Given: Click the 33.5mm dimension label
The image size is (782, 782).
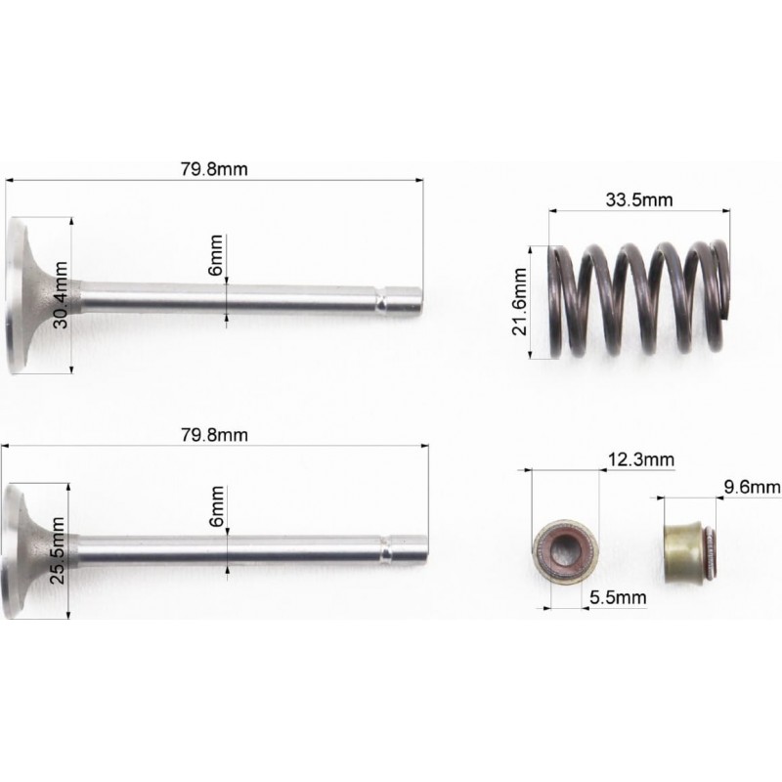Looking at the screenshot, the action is tap(639, 200).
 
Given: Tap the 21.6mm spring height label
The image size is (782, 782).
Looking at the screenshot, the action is tap(520, 302).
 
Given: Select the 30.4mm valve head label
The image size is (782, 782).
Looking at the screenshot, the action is tap(61, 295).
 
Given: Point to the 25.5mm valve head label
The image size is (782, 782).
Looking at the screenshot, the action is tap(58, 550).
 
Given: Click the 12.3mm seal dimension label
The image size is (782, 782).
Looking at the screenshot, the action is tap(641, 459).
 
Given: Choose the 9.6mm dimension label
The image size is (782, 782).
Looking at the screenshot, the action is tap(752, 487).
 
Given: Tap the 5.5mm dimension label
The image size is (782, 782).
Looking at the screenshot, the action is tap(618, 597).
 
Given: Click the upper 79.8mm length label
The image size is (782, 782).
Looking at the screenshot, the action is tap(214, 169).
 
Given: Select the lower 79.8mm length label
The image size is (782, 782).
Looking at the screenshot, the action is tap(214, 435).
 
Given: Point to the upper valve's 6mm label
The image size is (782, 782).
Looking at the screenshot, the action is tap(216, 255).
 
